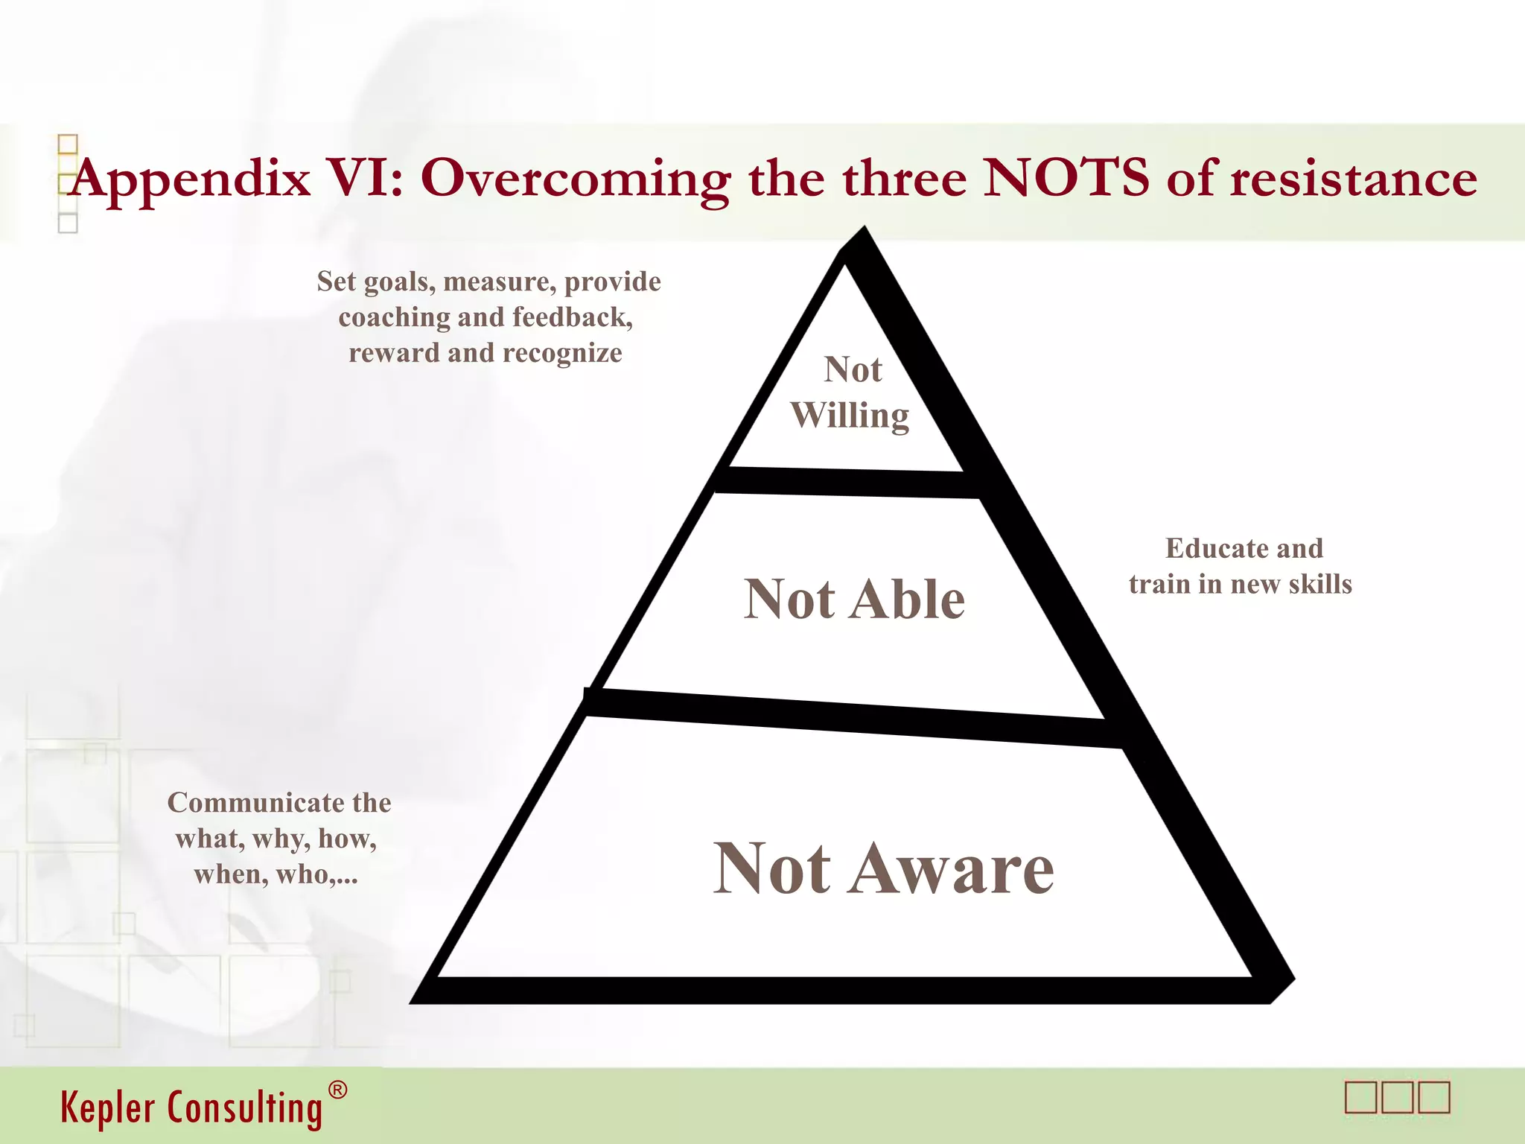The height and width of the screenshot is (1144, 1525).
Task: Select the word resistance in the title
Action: pos(1353,179)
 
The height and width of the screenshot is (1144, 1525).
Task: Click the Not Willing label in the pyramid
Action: pos(850,393)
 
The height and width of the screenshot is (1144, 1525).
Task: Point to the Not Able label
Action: pos(854,599)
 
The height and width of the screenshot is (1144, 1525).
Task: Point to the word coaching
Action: pos(394,318)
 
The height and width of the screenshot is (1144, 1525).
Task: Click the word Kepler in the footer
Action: pos(109,1107)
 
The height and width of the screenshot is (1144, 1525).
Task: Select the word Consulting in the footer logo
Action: pos(245,1108)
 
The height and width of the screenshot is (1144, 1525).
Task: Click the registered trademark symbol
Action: pos(337,1090)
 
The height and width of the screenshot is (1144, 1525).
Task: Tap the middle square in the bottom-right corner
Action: pos(1398,1098)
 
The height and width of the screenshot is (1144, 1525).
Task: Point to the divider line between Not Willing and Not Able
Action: pos(849,483)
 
